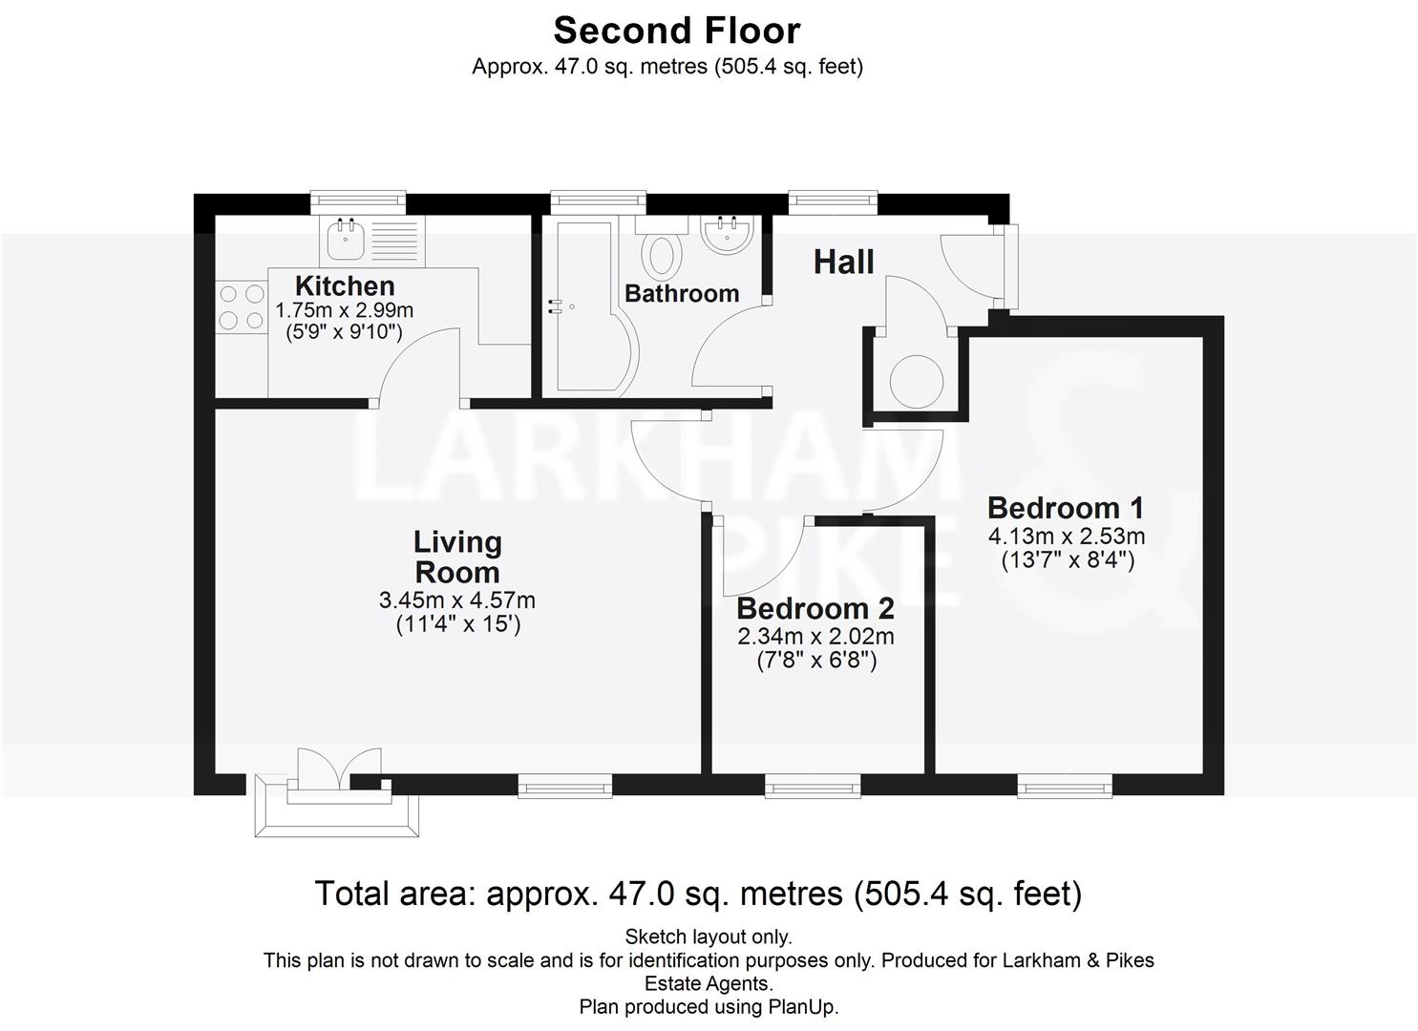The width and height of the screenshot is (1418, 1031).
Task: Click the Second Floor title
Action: pos(676,31)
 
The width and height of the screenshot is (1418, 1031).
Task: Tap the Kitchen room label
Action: pos(345,285)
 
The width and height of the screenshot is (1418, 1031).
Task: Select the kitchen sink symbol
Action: pos(345,239)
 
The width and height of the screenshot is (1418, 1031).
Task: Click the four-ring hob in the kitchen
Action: pos(242,307)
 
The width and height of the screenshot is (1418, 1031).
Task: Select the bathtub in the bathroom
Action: pos(584,307)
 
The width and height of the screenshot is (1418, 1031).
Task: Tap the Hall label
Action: pos(843,262)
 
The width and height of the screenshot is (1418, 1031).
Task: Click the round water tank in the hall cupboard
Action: pos(917,381)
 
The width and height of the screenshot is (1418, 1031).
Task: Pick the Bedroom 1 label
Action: pos(1065,508)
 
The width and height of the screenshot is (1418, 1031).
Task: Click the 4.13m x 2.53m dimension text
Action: pos(1066,537)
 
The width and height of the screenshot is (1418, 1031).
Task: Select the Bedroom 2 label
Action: pos(815,608)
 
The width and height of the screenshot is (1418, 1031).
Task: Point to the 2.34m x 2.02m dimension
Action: pos(815,637)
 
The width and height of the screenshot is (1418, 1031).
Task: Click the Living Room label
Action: pos(456,557)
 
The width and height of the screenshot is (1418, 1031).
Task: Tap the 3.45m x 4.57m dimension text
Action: pos(456,600)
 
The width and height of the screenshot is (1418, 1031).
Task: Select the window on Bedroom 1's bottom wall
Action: pos(1065,786)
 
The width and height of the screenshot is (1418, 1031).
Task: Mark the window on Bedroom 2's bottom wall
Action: pos(813,786)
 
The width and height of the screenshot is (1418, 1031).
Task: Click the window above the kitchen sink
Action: pos(358,201)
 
